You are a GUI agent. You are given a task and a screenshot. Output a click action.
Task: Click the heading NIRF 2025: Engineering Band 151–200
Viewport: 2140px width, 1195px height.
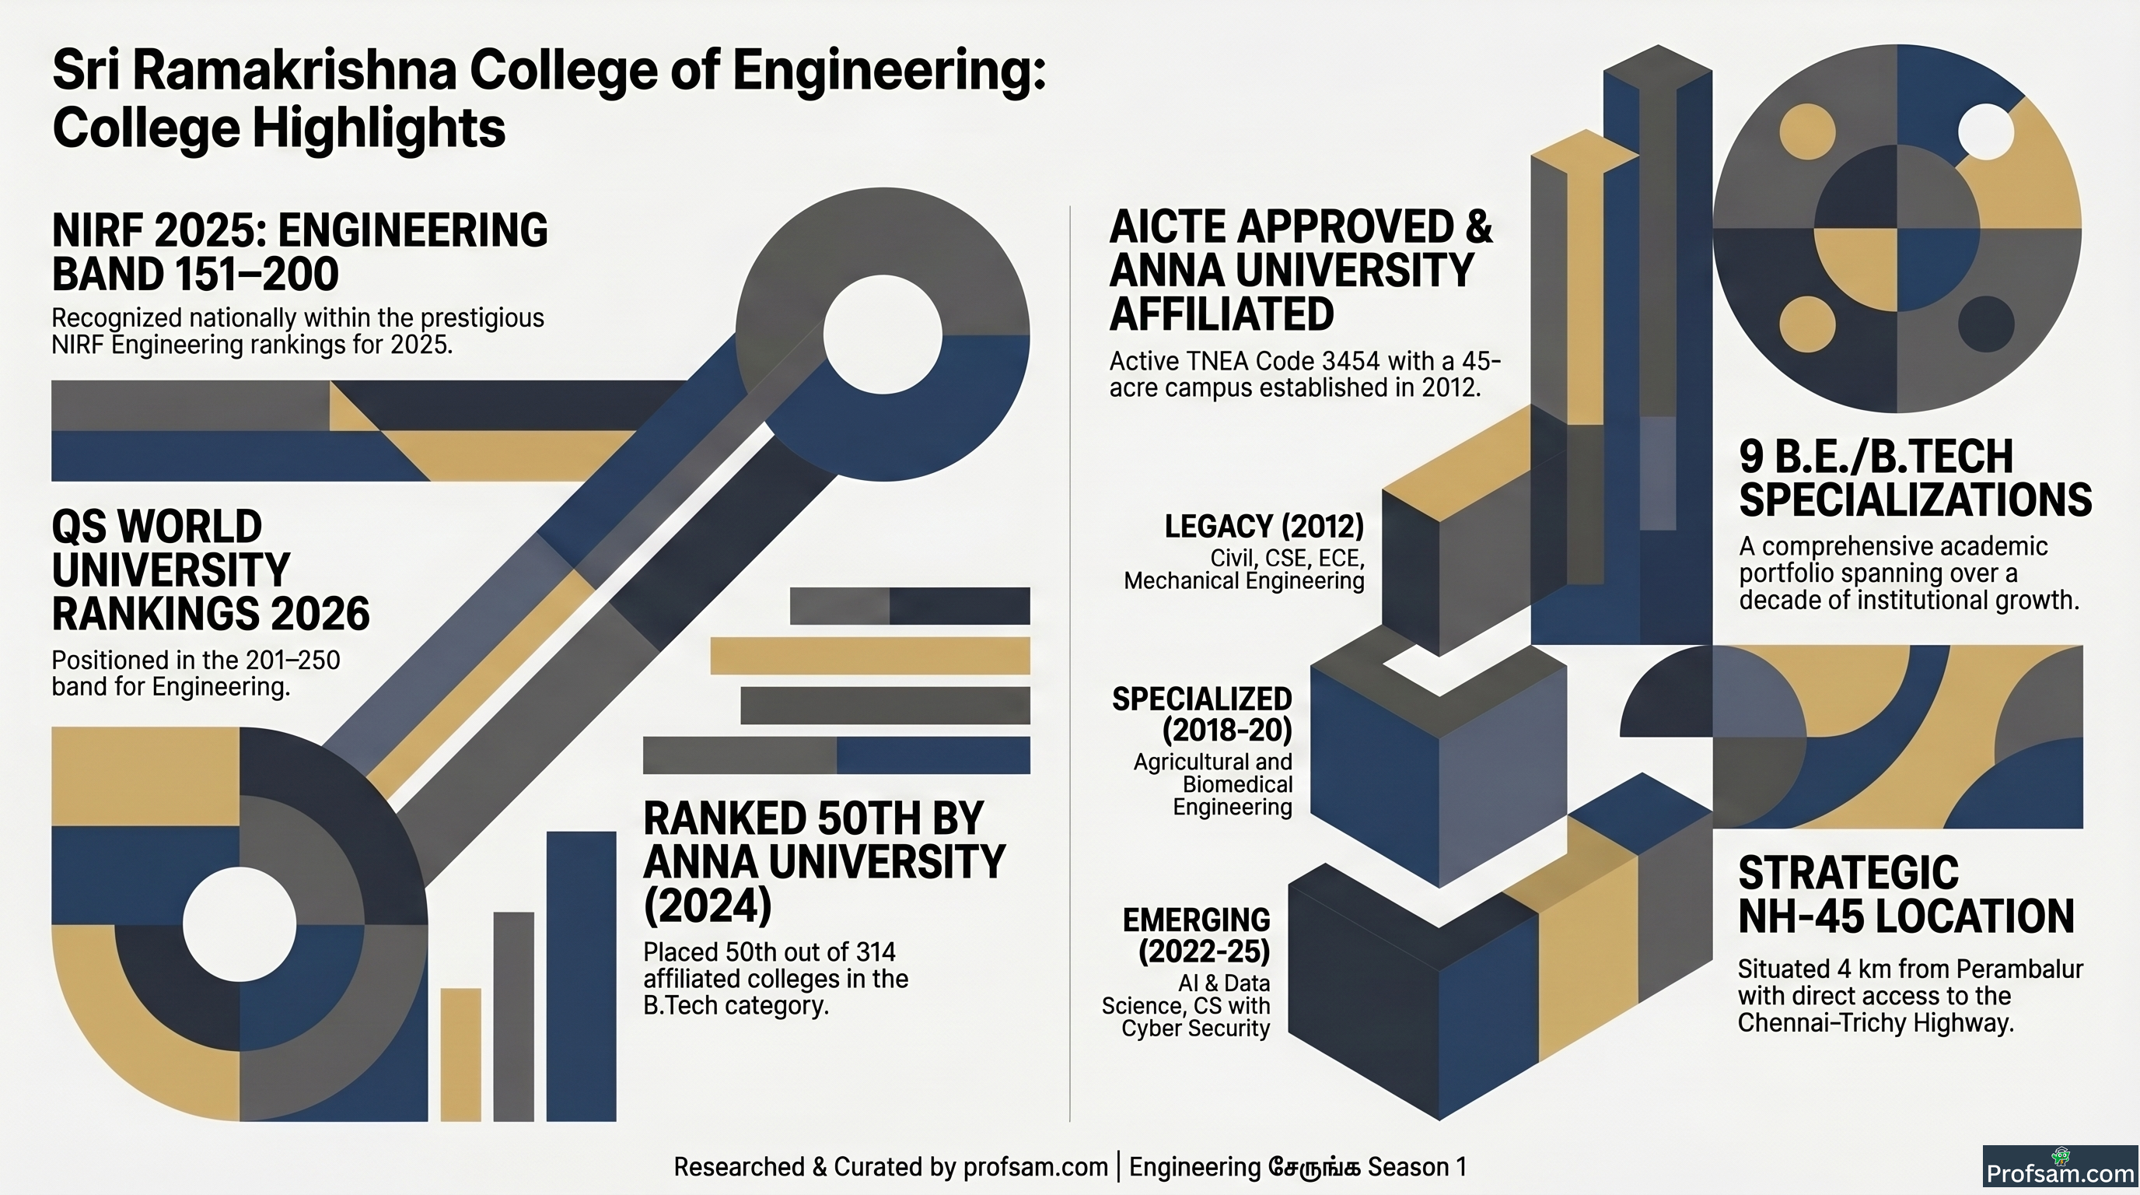point(300,252)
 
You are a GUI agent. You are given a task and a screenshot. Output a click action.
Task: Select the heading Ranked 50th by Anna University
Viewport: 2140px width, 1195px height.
point(824,862)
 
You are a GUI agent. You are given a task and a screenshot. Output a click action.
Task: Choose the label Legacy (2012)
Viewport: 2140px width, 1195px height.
point(1264,526)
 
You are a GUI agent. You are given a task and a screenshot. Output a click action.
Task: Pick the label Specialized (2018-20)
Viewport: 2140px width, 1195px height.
point(1202,714)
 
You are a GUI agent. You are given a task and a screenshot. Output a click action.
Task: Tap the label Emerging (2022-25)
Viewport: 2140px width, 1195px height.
point(1196,935)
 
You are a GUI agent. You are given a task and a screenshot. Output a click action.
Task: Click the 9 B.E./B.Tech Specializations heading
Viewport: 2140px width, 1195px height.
point(1914,478)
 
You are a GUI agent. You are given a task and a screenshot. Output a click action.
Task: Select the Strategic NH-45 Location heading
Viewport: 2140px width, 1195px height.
point(1906,895)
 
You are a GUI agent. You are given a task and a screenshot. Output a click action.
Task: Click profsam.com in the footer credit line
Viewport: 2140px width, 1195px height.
point(1035,1167)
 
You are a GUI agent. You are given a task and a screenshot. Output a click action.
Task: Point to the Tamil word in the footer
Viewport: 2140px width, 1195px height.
point(1314,1167)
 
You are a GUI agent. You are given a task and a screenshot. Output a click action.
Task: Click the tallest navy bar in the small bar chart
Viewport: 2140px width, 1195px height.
point(582,976)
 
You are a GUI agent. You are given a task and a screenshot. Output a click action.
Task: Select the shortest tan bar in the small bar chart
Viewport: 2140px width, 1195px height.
point(461,1053)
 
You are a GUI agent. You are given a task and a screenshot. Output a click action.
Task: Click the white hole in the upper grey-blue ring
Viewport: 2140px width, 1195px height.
point(883,334)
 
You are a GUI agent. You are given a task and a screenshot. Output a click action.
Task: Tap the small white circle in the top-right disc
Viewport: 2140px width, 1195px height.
point(1985,131)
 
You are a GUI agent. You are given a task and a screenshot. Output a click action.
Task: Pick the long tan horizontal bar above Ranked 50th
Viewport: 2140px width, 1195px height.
point(870,656)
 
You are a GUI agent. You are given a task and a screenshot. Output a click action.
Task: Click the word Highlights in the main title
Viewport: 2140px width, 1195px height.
point(379,129)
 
